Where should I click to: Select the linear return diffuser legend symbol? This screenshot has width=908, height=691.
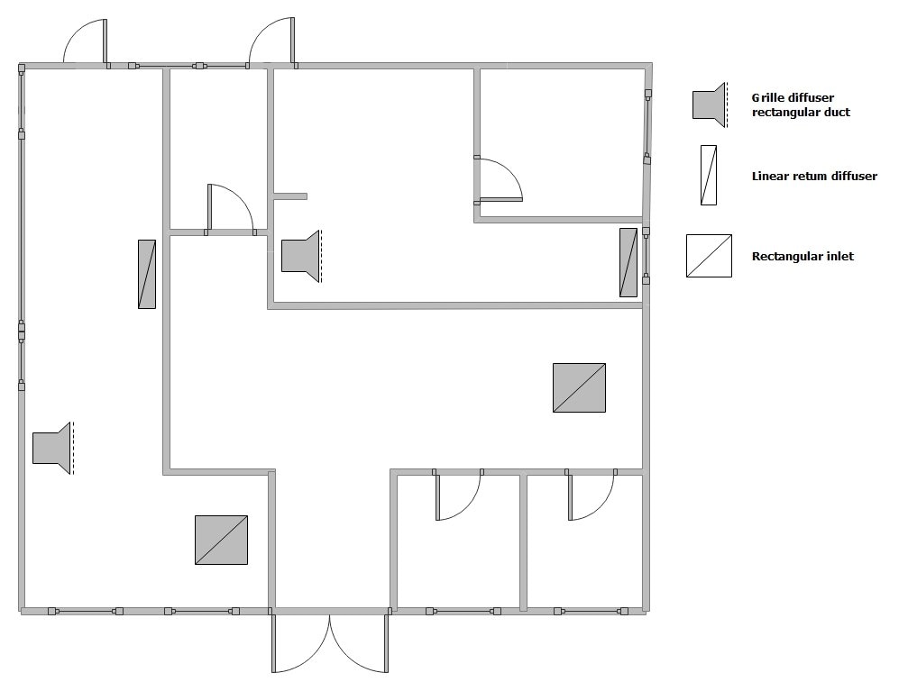(709, 175)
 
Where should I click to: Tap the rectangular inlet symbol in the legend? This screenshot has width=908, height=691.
(709, 256)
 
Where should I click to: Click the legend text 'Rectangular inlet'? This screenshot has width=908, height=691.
(802, 257)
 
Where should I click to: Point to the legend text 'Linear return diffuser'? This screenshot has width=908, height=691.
(813, 177)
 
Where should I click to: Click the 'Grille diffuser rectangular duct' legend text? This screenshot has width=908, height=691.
(801, 105)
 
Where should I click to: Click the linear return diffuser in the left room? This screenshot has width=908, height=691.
(147, 274)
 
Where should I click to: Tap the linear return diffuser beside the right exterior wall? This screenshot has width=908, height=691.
(628, 262)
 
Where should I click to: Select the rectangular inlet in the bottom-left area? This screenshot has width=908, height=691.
(221, 541)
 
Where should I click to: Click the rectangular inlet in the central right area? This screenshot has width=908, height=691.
(579, 387)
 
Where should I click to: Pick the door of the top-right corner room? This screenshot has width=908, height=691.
(500, 181)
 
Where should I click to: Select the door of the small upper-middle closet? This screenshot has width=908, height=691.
(231, 208)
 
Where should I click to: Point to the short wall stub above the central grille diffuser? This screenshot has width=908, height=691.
(290, 195)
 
